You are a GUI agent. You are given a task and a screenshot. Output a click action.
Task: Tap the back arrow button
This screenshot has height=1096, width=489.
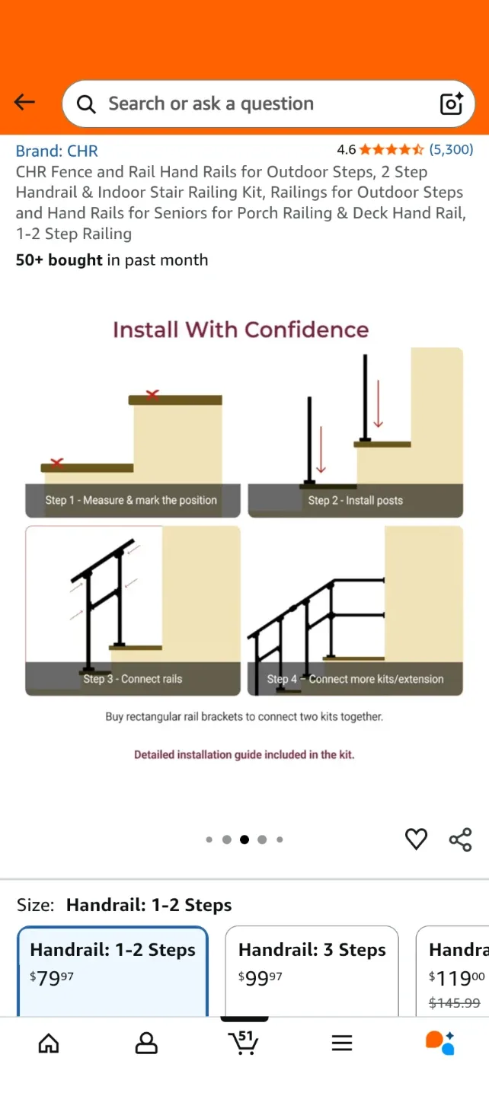24,103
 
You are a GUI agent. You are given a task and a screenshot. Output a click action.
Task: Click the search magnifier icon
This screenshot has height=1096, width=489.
87,104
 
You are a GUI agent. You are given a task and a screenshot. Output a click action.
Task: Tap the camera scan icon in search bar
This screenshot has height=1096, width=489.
451,104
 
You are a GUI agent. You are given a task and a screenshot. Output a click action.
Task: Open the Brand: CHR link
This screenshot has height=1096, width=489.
57,151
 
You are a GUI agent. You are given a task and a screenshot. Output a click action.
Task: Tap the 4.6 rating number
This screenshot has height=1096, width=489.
346,150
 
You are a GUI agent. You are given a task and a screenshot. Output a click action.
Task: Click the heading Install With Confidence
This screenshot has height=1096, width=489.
241,330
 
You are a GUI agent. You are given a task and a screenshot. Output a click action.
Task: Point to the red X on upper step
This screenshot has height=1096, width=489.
152,394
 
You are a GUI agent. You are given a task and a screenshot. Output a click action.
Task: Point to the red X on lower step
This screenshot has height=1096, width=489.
56,463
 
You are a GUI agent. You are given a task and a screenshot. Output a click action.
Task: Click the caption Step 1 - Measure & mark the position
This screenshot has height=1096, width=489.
131,500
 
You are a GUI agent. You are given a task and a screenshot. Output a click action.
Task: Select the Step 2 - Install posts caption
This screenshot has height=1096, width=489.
355,500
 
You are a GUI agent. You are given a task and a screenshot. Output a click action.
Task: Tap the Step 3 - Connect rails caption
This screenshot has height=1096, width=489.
133,679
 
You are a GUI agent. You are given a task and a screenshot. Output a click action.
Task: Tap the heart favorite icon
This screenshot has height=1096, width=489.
416,839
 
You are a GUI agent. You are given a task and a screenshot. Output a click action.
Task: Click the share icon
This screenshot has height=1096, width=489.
460,840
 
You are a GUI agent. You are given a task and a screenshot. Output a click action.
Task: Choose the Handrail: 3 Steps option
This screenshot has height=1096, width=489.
312,950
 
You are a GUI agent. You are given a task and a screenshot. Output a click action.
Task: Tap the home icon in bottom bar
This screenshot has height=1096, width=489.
49,1043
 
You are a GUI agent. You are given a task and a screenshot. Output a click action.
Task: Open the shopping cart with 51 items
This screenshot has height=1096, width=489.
244,1043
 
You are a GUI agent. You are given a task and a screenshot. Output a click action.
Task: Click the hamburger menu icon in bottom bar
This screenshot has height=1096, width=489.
342,1043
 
